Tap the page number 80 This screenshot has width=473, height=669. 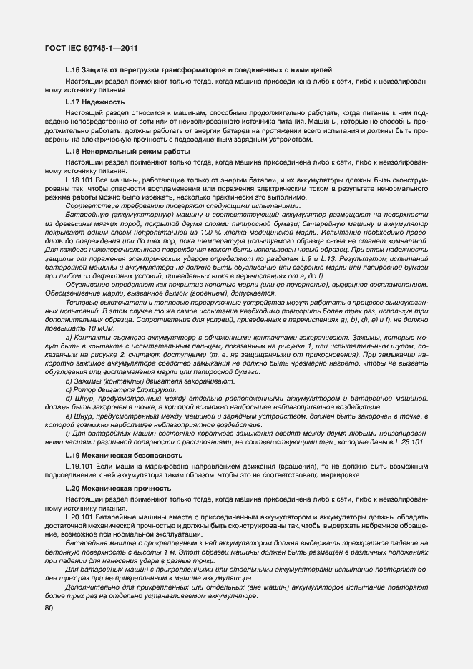(x=49, y=608)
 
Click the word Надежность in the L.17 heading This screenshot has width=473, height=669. (x=93, y=102)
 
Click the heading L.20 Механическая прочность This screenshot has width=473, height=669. (x=117, y=489)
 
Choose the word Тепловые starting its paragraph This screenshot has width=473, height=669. (x=80, y=304)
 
